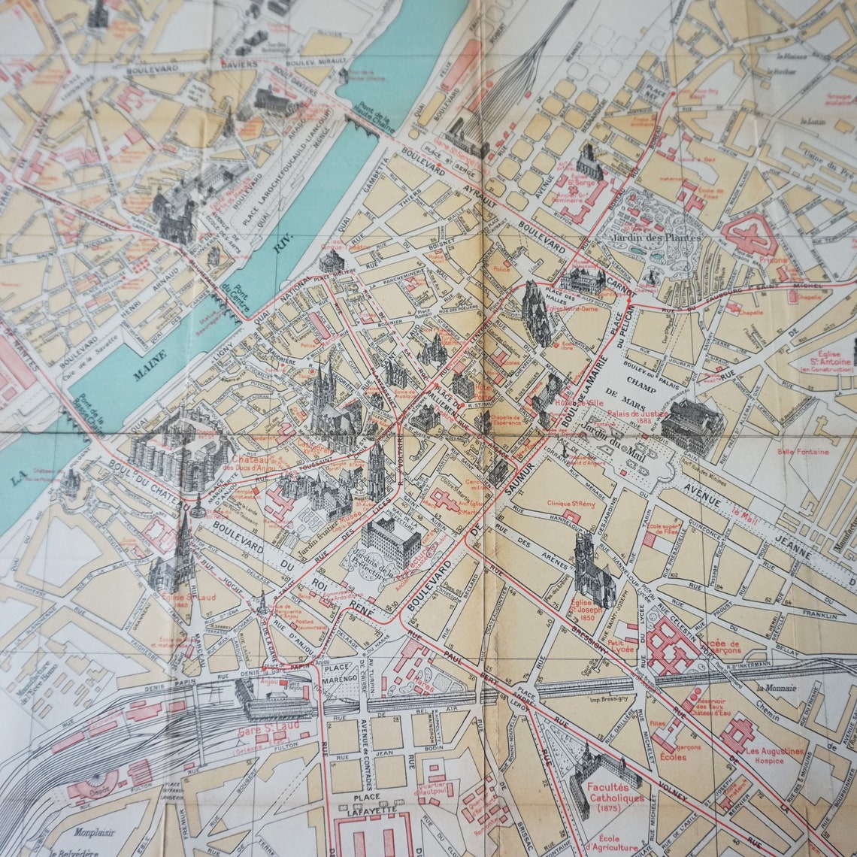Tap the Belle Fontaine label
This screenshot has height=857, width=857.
(803, 452)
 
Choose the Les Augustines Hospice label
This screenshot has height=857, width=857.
(774, 756)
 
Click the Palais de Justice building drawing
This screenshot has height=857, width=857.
(692, 426)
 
